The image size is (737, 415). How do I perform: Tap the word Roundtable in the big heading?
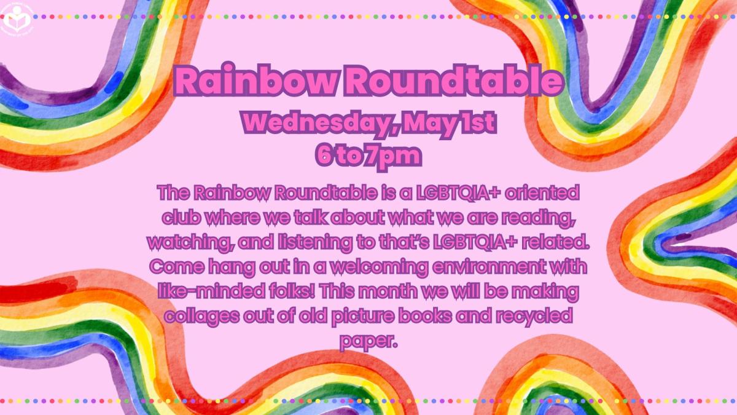[x=445, y=82]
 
